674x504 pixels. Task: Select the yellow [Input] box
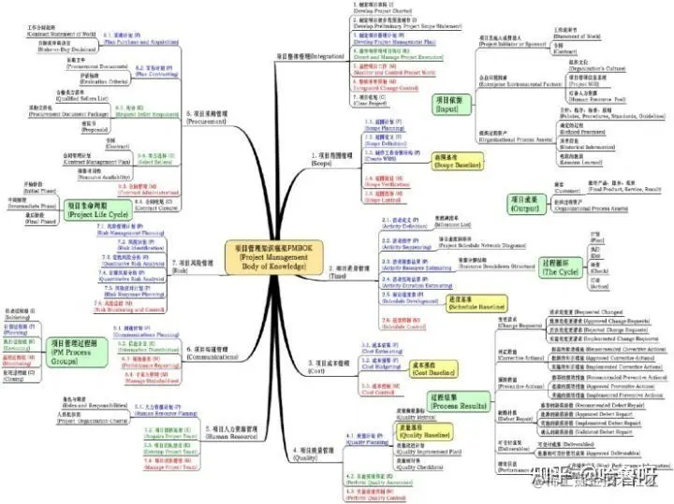coord(446,104)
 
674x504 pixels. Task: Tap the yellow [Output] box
coord(528,206)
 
